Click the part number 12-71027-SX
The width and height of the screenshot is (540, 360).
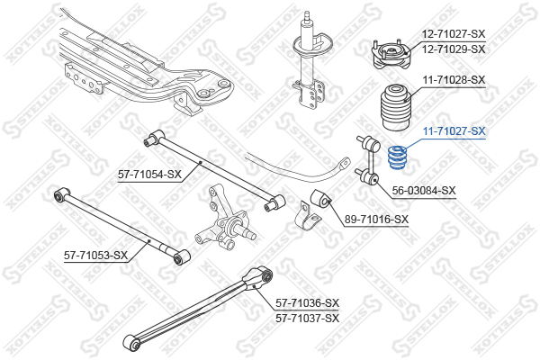[x=454, y=34]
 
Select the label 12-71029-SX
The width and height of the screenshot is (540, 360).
[x=454, y=49]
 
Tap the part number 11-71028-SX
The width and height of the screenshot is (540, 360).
[x=454, y=80]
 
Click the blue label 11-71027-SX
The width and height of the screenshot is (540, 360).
[x=454, y=131]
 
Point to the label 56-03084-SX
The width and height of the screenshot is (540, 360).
[x=424, y=191]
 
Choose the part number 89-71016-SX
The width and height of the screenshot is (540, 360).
[x=376, y=219]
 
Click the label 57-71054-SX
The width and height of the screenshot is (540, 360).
[x=149, y=175]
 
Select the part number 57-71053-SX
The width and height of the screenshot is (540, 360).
[x=95, y=256]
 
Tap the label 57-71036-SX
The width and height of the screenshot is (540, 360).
[x=307, y=303]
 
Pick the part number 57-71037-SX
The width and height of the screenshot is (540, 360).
[x=307, y=319]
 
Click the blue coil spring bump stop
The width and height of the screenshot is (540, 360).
[x=397, y=157]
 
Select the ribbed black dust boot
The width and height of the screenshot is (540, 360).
[x=396, y=107]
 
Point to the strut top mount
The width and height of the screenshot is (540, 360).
[x=391, y=54]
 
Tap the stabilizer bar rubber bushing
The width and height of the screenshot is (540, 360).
[x=321, y=199]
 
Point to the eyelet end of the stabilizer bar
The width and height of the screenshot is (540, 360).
[x=345, y=163]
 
